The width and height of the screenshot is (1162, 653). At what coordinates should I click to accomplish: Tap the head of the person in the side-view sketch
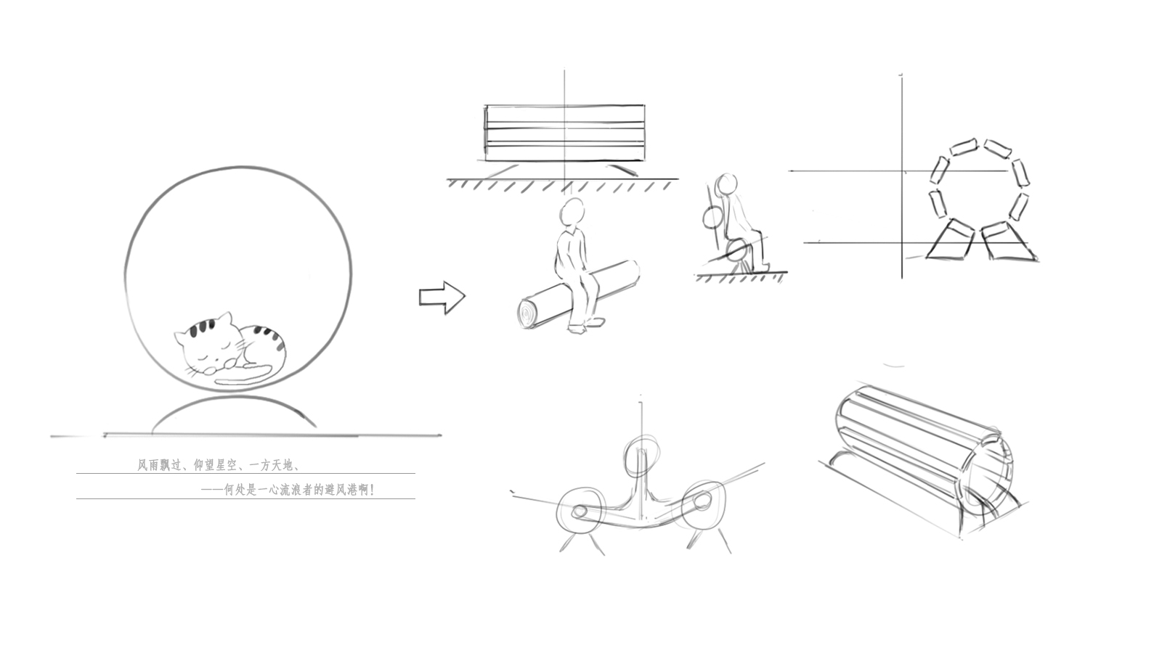point(726,184)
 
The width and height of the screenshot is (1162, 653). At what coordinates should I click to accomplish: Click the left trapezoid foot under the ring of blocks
point(950,240)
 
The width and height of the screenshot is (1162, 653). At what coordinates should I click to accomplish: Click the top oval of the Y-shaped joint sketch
point(641,455)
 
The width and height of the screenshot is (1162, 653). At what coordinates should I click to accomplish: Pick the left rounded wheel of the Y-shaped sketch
point(581,510)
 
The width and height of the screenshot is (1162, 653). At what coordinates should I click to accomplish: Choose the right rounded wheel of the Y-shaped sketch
point(702,503)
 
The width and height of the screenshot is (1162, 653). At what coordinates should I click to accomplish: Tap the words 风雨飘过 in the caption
point(160,465)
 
